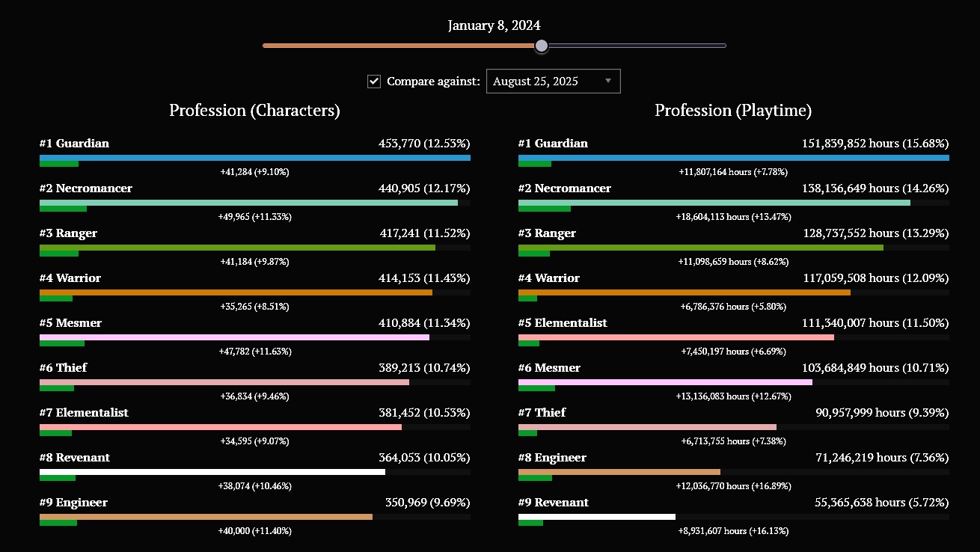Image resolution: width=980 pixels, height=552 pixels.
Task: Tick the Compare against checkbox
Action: (x=374, y=82)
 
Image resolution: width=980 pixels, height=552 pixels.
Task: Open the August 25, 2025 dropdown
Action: (x=553, y=82)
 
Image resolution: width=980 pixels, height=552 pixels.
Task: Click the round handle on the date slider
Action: (x=542, y=46)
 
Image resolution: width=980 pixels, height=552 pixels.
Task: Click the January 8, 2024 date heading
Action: (x=494, y=25)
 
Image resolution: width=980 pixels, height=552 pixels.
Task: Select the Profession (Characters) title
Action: (x=254, y=111)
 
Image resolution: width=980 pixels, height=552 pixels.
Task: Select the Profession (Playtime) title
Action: (x=733, y=111)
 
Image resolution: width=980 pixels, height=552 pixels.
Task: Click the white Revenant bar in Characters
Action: (x=212, y=472)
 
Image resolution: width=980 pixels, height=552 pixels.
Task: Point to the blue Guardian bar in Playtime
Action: (x=733, y=158)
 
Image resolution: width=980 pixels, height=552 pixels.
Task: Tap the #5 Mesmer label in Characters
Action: (x=70, y=323)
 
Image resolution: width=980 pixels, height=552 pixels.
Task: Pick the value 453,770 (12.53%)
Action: (x=424, y=144)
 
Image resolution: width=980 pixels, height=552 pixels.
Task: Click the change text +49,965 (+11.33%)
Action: (x=254, y=217)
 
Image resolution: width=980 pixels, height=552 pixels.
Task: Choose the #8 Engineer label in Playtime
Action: (x=552, y=458)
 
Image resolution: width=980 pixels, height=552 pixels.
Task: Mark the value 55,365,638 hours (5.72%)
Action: (x=881, y=503)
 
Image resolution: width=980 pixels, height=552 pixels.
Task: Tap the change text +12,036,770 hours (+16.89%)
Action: (x=733, y=486)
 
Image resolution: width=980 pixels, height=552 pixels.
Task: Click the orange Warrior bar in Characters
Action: (x=236, y=292)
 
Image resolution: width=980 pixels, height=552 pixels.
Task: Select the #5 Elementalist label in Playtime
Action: (x=563, y=323)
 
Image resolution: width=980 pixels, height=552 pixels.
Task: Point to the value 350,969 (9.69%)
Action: (x=427, y=503)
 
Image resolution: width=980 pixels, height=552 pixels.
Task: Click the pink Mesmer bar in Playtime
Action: (x=665, y=382)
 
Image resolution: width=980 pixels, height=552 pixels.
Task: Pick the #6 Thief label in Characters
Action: (x=63, y=368)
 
